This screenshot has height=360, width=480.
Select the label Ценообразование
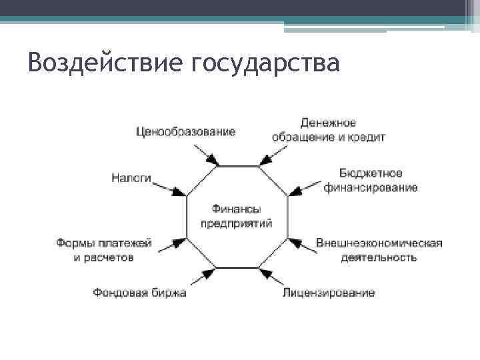pos(185,131)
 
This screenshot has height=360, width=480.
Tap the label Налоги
pos(131,178)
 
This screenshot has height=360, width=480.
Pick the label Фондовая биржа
pos(139,292)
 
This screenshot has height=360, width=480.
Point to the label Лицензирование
pos(329,292)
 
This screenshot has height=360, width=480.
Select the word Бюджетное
pos(370,173)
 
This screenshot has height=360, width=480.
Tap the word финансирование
pos(371,187)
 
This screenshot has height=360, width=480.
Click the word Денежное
pos(328,123)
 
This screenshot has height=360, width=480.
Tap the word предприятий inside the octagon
pos(237,223)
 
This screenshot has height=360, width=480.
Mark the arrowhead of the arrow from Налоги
pos(180,192)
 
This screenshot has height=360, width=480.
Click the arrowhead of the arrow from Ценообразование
pos(213,161)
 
